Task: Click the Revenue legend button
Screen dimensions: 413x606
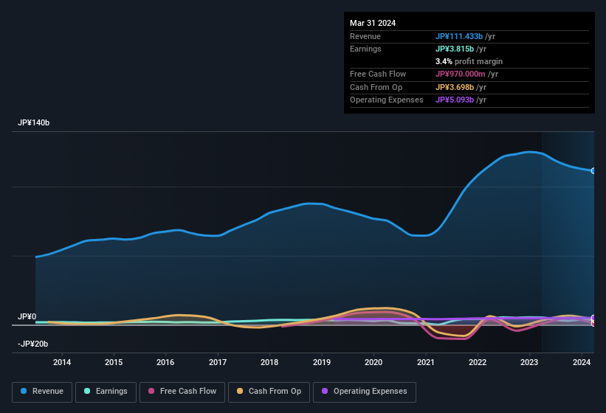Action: pyautogui.click(x=42, y=392)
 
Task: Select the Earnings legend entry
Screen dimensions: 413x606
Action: pyautogui.click(x=106, y=392)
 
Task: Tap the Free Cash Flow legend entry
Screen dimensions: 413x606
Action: pyautogui.click(x=182, y=392)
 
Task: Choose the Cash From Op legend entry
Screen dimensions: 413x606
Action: pyautogui.click(x=269, y=392)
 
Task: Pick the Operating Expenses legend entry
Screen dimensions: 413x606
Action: pyautogui.click(x=365, y=392)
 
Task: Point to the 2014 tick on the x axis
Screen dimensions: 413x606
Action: pyautogui.click(x=62, y=362)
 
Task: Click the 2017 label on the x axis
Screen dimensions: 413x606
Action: pyautogui.click(x=218, y=362)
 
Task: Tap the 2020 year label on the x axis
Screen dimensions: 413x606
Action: pyautogui.click(x=373, y=362)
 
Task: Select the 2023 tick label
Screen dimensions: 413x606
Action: pyautogui.click(x=529, y=362)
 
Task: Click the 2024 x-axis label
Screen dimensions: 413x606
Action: pyautogui.click(x=581, y=362)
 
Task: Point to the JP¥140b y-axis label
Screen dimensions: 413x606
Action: pyautogui.click(x=34, y=123)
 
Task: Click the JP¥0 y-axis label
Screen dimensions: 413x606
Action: pyautogui.click(x=27, y=316)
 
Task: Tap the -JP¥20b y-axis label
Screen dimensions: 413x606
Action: pyautogui.click(x=33, y=344)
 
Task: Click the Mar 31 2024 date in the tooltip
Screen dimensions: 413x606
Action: pyautogui.click(x=373, y=23)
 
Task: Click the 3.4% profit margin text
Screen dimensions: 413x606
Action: pyautogui.click(x=469, y=61)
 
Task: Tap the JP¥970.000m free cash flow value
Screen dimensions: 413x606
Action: pyautogui.click(x=466, y=74)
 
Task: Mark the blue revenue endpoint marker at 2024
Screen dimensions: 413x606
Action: pyautogui.click(x=593, y=170)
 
